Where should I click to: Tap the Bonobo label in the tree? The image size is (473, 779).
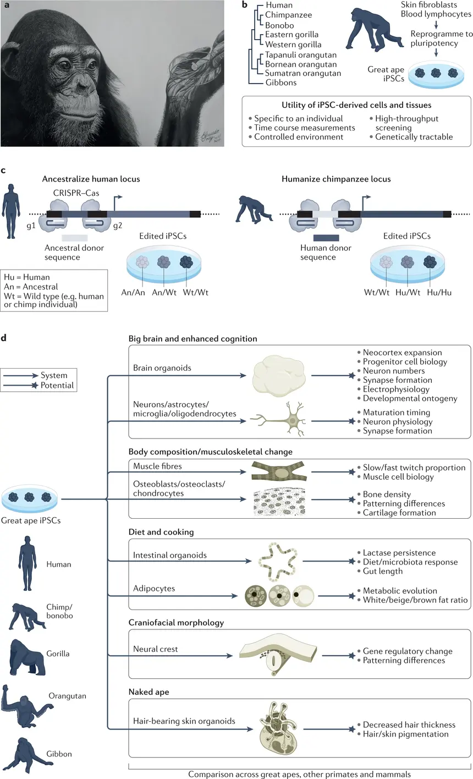(279, 25)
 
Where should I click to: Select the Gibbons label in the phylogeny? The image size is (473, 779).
(281, 83)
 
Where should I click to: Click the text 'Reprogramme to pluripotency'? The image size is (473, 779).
(441, 39)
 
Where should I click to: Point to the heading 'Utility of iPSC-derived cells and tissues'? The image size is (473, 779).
(356, 105)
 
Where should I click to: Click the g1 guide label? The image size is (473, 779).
(31, 226)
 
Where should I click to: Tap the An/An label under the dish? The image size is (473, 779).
(133, 293)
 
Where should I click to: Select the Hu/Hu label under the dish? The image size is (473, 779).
(439, 293)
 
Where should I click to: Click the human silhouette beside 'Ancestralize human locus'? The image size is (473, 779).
(11, 211)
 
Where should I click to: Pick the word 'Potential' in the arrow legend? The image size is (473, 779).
(57, 385)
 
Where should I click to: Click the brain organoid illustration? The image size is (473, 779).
(279, 376)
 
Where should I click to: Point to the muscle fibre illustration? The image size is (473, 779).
(279, 471)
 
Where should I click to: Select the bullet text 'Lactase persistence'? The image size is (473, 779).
(399, 552)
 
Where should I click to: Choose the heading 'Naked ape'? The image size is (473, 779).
(149, 692)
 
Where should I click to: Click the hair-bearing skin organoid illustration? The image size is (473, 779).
(279, 728)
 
